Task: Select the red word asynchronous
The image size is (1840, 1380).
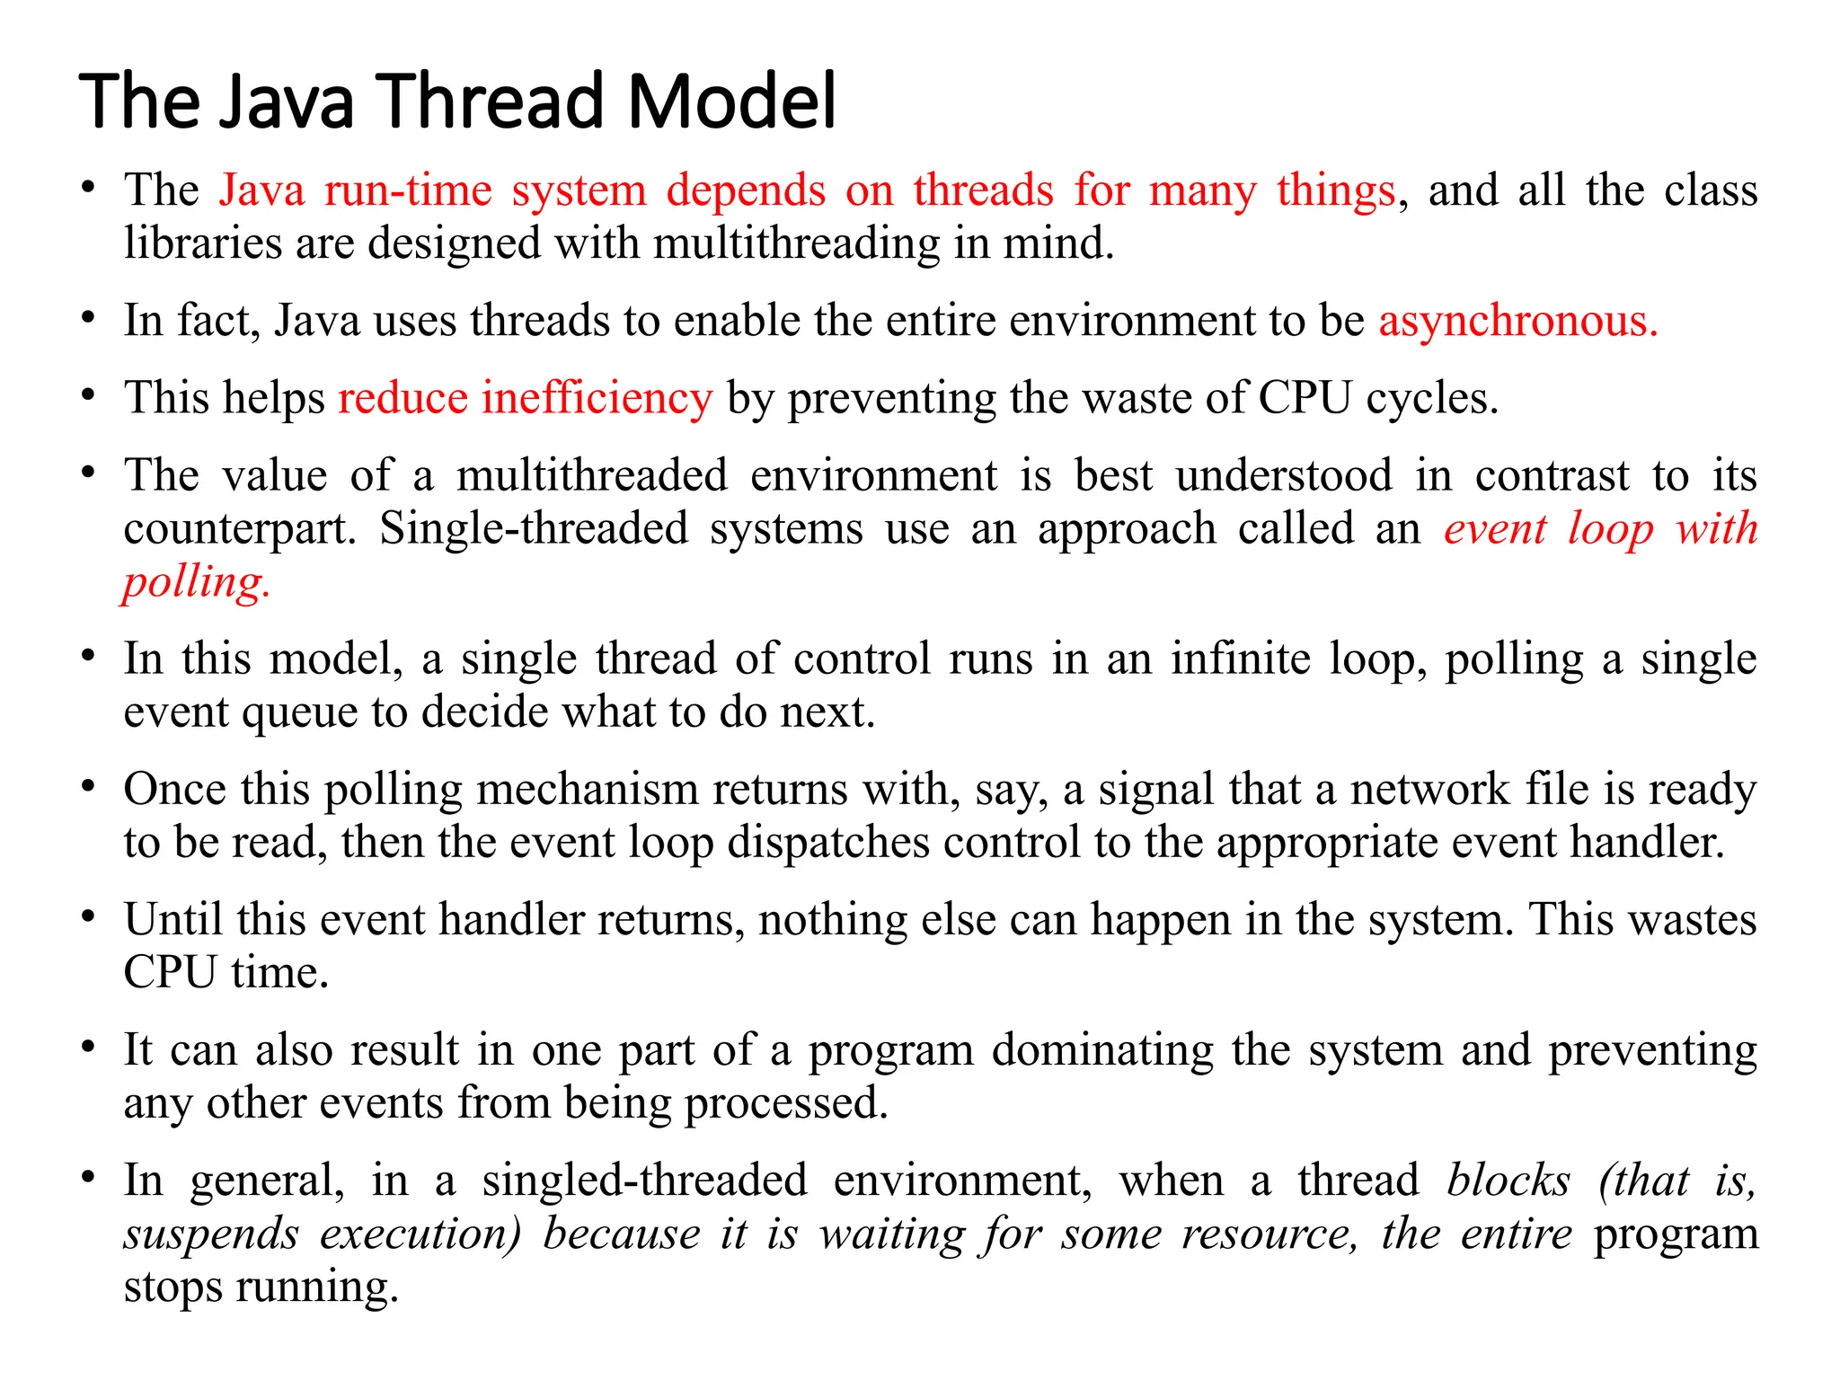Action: [x=1517, y=321]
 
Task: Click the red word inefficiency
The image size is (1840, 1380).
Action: [x=597, y=398]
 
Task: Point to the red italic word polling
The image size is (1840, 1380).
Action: [x=196, y=582]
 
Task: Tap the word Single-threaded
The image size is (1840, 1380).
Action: [x=534, y=528]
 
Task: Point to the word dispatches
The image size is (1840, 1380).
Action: [x=827, y=843]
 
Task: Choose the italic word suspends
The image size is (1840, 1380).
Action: [x=211, y=1234]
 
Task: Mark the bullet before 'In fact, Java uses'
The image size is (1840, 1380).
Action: [x=87, y=318]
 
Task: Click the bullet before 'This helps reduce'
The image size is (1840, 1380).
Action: [x=87, y=395]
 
